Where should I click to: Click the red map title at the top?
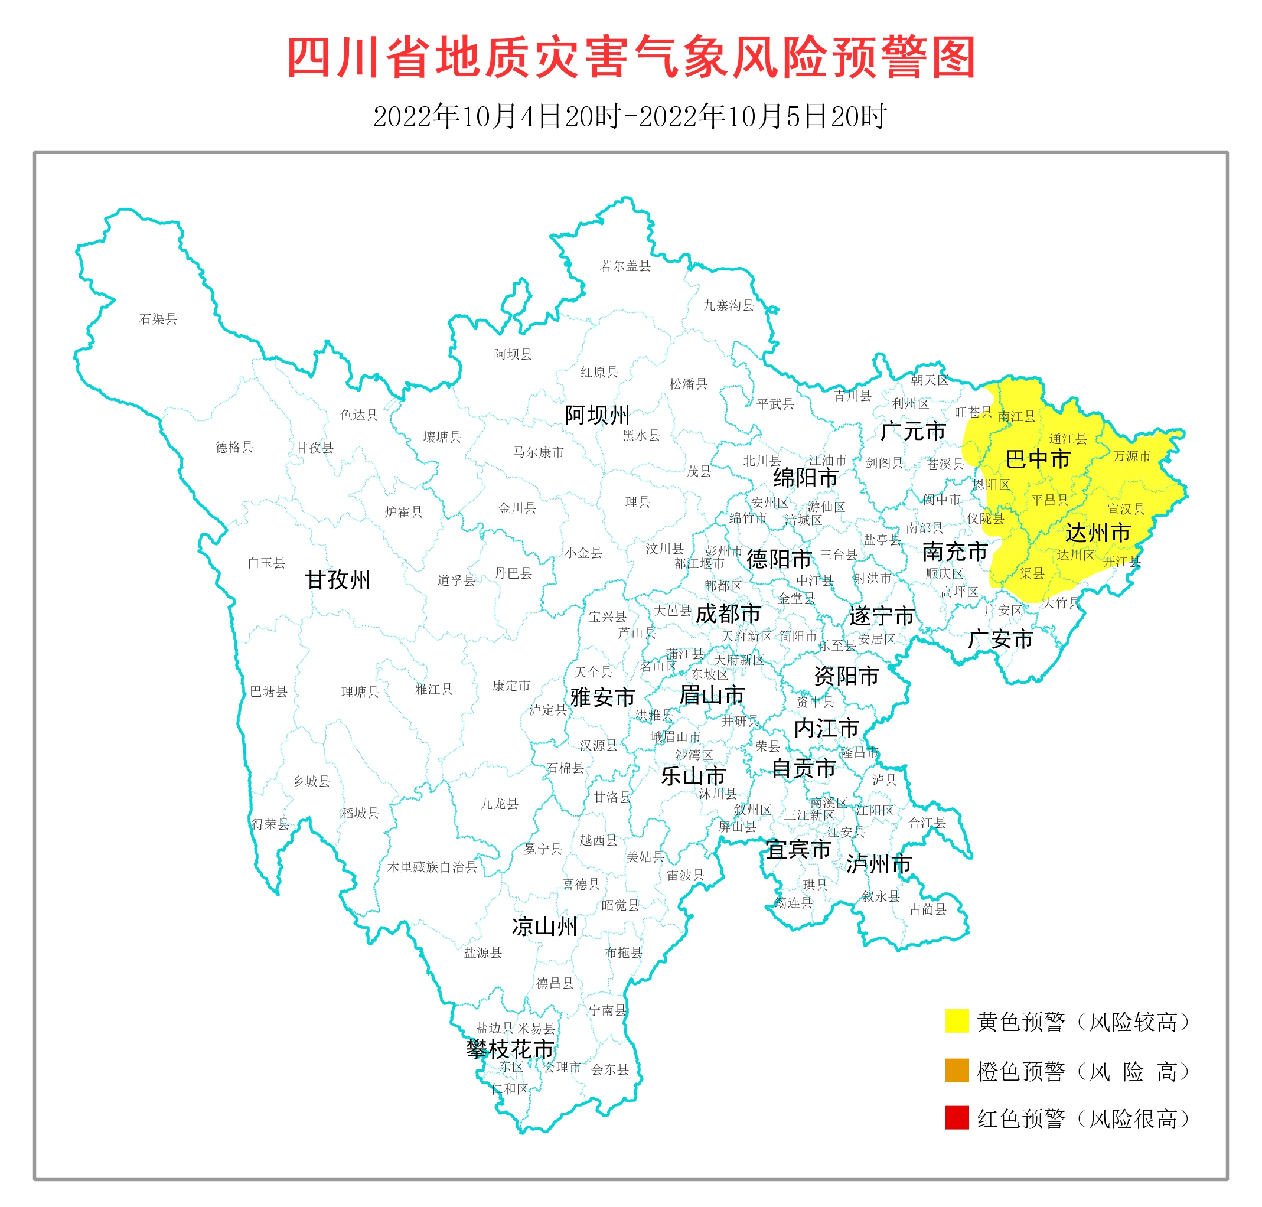click(x=631, y=58)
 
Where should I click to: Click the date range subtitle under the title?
click(x=631, y=116)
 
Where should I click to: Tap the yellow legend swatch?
click(x=956, y=1021)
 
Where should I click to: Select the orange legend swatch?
click(x=956, y=1071)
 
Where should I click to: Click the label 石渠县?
click(x=158, y=319)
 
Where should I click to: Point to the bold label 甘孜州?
click(x=337, y=580)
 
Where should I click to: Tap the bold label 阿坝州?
click(x=596, y=415)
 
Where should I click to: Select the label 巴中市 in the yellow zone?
click(x=1038, y=459)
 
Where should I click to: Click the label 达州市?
click(x=1098, y=533)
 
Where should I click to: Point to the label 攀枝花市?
click(x=510, y=1049)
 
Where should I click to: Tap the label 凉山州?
click(x=544, y=927)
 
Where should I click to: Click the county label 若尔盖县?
click(x=625, y=266)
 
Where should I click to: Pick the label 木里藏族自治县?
click(x=432, y=867)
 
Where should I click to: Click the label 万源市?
click(x=1132, y=455)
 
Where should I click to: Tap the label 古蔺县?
click(x=927, y=909)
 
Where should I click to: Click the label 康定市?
click(x=511, y=686)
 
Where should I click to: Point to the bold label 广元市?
click(x=912, y=431)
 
